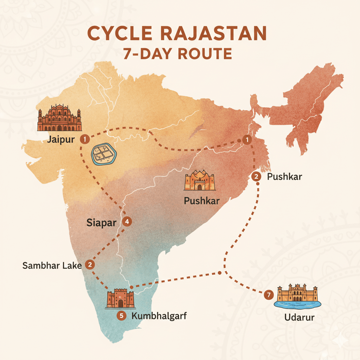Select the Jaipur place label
(x=61, y=140)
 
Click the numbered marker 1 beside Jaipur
(x=84, y=140)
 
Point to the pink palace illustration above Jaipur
(x=59, y=118)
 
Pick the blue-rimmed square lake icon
(x=104, y=154)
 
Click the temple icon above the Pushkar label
(x=199, y=181)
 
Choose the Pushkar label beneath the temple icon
(x=202, y=201)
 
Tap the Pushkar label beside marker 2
(x=284, y=176)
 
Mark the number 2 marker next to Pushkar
(x=257, y=176)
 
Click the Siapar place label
(x=101, y=223)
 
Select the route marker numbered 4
(x=127, y=221)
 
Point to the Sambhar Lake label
(x=52, y=265)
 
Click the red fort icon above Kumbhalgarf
(x=120, y=299)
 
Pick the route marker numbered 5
(x=121, y=316)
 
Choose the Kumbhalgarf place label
(x=159, y=316)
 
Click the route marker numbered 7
(x=269, y=295)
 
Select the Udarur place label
(x=299, y=317)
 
